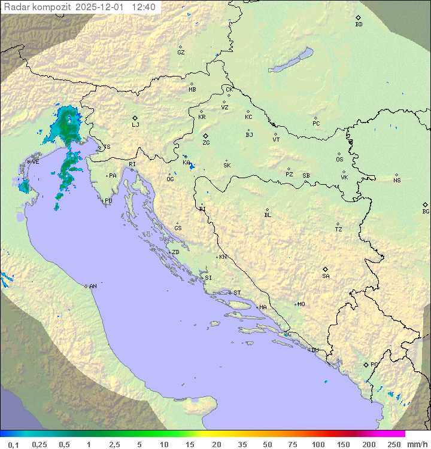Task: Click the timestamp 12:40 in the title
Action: pyautogui.click(x=144, y=7)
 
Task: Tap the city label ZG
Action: pyautogui.click(x=206, y=143)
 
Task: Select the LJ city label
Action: pyautogui.click(x=135, y=125)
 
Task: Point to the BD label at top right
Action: pyautogui.click(x=359, y=25)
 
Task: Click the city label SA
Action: pyautogui.click(x=326, y=276)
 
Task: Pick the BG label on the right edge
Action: pyautogui.click(x=426, y=212)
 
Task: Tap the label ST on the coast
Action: pyautogui.click(x=237, y=293)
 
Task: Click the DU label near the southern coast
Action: pyautogui.click(x=314, y=350)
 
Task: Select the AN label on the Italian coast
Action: pyautogui.click(x=93, y=286)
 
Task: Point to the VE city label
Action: pyautogui.click(x=35, y=162)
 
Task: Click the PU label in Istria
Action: pyautogui.click(x=108, y=201)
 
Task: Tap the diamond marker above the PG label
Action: pyautogui.click(x=366, y=364)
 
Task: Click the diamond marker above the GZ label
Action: pyautogui.click(x=180, y=47)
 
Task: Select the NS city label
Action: pyautogui.click(x=397, y=181)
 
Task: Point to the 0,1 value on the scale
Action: pyautogui.click(x=13, y=444)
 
